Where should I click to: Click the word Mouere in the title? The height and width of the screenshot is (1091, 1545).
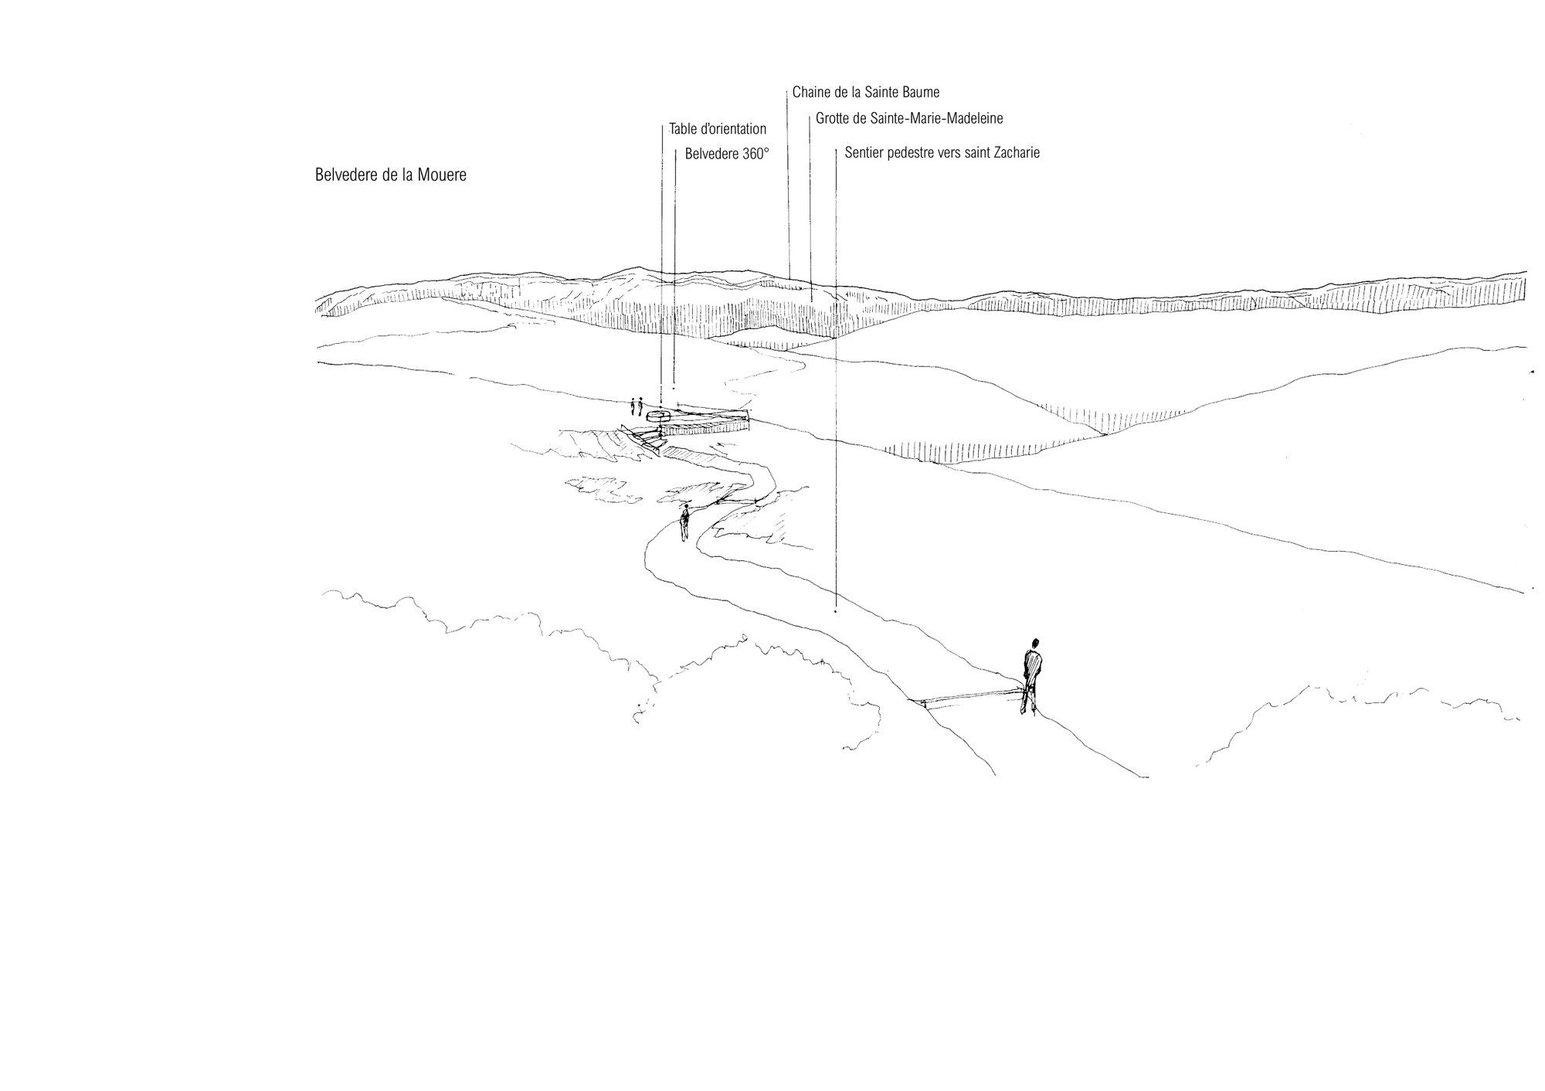click(x=442, y=175)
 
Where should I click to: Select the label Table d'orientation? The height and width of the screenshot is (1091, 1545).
click(x=718, y=129)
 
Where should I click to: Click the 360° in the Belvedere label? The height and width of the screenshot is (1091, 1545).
click(x=756, y=154)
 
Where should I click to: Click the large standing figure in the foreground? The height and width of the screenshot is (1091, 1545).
click(x=1032, y=676)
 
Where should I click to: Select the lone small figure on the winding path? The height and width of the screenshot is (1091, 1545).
click(x=684, y=523)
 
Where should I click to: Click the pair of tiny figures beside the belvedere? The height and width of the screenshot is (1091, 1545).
click(x=637, y=405)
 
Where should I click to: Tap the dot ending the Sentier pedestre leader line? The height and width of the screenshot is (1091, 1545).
click(x=836, y=611)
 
